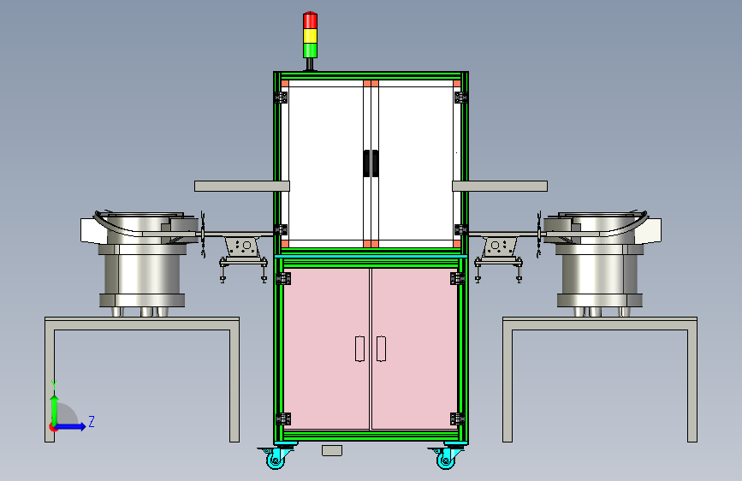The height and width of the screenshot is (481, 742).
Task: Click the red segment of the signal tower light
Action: pyautogui.click(x=310, y=21)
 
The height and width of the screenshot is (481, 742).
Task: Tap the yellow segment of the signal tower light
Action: pyautogui.click(x=310, y=36)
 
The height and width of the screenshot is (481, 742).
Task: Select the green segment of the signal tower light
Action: pyautogui.click(x=310, y=50)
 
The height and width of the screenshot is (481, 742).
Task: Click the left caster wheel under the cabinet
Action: pyautogui.click(x=276, y=458)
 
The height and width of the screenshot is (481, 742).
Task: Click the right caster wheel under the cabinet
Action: pyautogui.click(x=445, y=458)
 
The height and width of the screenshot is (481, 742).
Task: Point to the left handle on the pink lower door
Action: pyautogui.click(x=359, y=349)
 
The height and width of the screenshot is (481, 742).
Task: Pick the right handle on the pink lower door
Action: pyautogui.click(x=381, y=349)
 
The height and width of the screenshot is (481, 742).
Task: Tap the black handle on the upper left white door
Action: pyautogui.click(x=367, y=163)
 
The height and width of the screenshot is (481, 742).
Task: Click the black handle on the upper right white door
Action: pyautogui.click(x=375, y=163)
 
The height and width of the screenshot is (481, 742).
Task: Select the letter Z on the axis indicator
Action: pyautogui.click(x=92, y=421)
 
